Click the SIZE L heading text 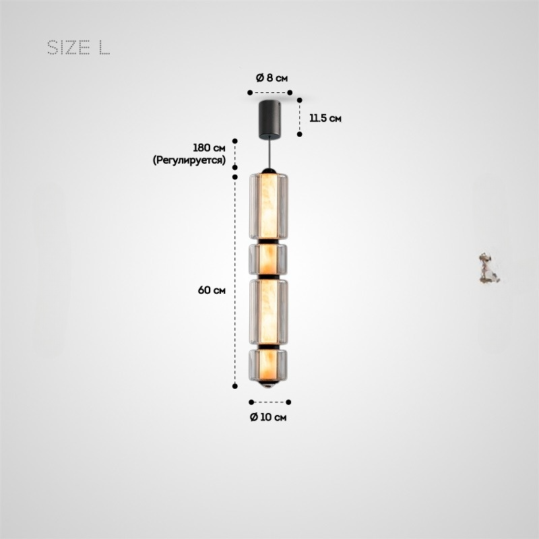pos(78,48)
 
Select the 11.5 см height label pos(325,118)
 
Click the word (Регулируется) pos(189,160)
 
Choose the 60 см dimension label pos(212,290)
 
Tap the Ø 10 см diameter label pos(268,417)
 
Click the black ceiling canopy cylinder pos(271,118)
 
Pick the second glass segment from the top pos(270,259)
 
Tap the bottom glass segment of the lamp pos(270,366)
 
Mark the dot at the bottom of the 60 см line pos(235,386)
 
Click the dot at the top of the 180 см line pos(235,141)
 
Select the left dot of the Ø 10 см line pos(251,402)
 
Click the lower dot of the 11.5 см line pos(300,134)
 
